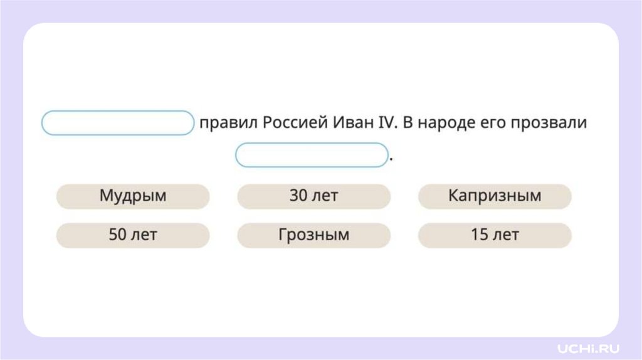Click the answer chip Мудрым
coord(133,196)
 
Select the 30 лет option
coord(313,196)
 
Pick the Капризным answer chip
coord(495,196)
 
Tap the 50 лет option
coord(133,235)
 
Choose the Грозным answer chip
coord(313,235)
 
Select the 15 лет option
coord(495,235)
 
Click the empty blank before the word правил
coord(118,123)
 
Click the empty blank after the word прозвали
coord(312,155)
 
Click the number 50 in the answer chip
coord(117,235)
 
